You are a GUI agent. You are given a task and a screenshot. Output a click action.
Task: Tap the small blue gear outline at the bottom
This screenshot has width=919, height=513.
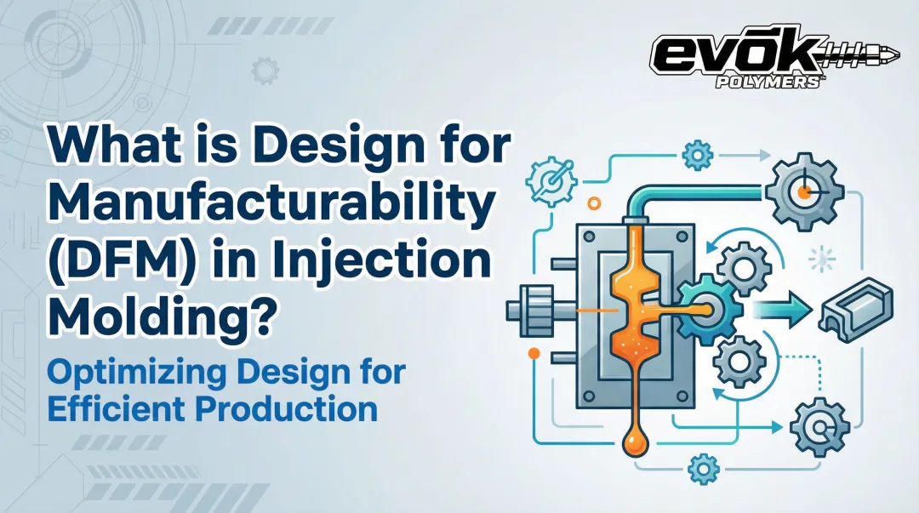(x=703, y=469)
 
